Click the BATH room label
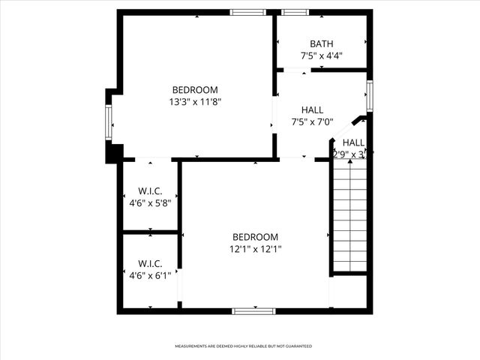[321, 43]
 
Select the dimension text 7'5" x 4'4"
[321, 56]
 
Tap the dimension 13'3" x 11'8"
[196, 101]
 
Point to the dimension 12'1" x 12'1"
[255, 249]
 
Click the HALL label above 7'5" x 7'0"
[312, 110]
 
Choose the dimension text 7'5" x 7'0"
[312, 123]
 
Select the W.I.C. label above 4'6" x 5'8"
[150, 190]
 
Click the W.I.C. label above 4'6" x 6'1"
[150, 263]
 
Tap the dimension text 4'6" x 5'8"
[150, 202]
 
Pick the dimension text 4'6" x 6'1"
[150, 275]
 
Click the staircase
[349, 217]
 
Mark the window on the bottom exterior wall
[253, 310]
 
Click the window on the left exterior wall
[109, 122]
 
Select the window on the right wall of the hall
[369, 96]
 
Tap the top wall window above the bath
[295, 12]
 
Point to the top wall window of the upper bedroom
[247, 12]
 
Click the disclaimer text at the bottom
[243, 346]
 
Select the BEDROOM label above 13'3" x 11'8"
[195, 89]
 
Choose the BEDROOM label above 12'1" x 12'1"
[255, 237]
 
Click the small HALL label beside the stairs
[353, 142]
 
